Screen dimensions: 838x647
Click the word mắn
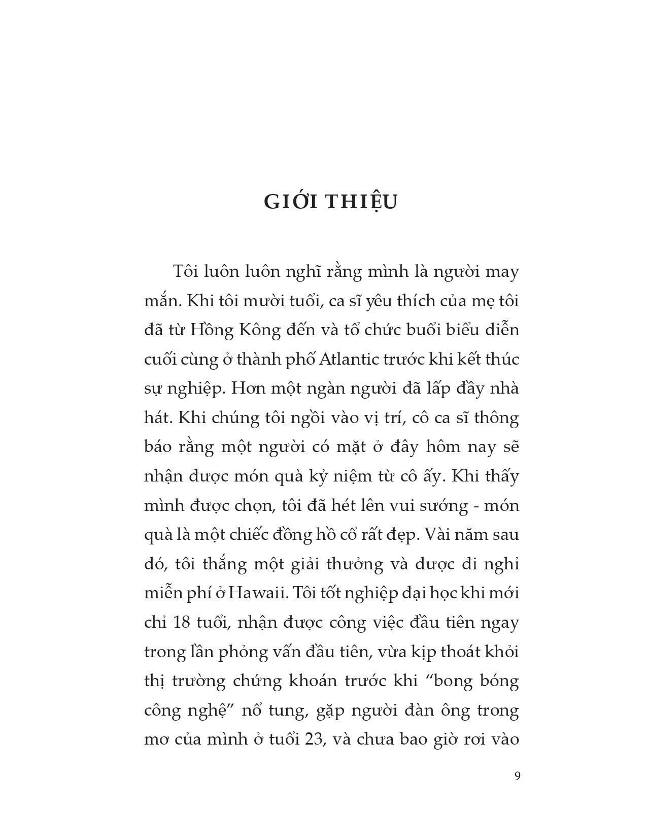[x=161, y=301]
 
